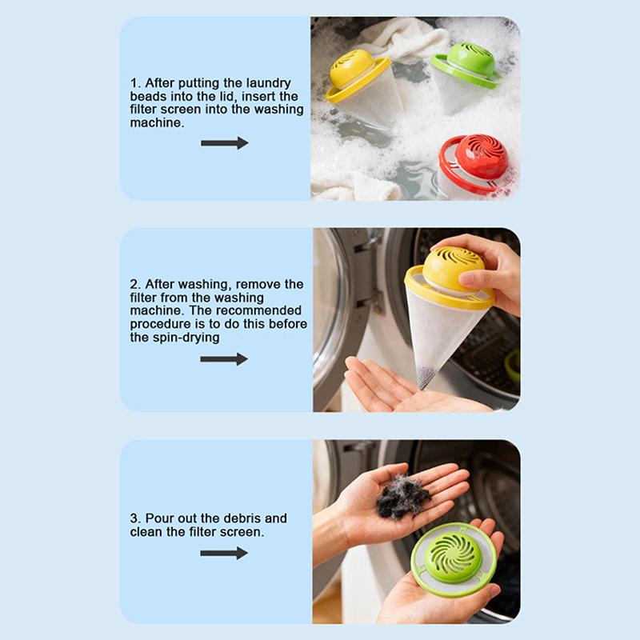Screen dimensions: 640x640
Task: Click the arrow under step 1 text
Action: (225, 143)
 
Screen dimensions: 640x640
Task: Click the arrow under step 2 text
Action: (224, 359)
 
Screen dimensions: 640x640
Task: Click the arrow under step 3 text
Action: (224, 554)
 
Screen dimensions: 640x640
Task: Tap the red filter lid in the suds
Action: (474, 163)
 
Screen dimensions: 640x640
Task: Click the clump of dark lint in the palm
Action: (402, 496)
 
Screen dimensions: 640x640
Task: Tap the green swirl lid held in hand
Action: (454, 559)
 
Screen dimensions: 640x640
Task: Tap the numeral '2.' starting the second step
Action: (135, 284)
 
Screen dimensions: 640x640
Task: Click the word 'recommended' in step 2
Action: (258, 310)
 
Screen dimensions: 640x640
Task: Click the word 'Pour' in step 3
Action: (158, 518)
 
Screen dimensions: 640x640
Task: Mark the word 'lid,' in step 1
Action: (229, 97)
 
